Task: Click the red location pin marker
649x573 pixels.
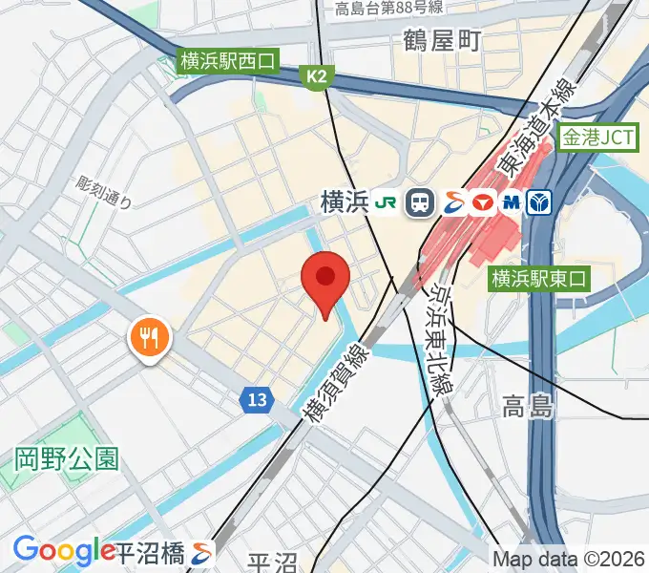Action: coord(325,280)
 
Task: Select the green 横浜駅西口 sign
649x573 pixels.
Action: coord(228,62)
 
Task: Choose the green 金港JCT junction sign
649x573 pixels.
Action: coord(597,138)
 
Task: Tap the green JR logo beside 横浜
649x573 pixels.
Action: coord(387,202)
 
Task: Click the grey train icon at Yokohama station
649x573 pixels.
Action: coord(419,202)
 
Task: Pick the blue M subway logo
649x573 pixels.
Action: coord(512,202)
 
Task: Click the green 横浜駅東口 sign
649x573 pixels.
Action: coord(540,279)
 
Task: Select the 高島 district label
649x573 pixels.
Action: coord(528,408)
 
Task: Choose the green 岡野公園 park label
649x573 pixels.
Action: coord(67,459)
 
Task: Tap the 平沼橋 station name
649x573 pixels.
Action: coord(153,552)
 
